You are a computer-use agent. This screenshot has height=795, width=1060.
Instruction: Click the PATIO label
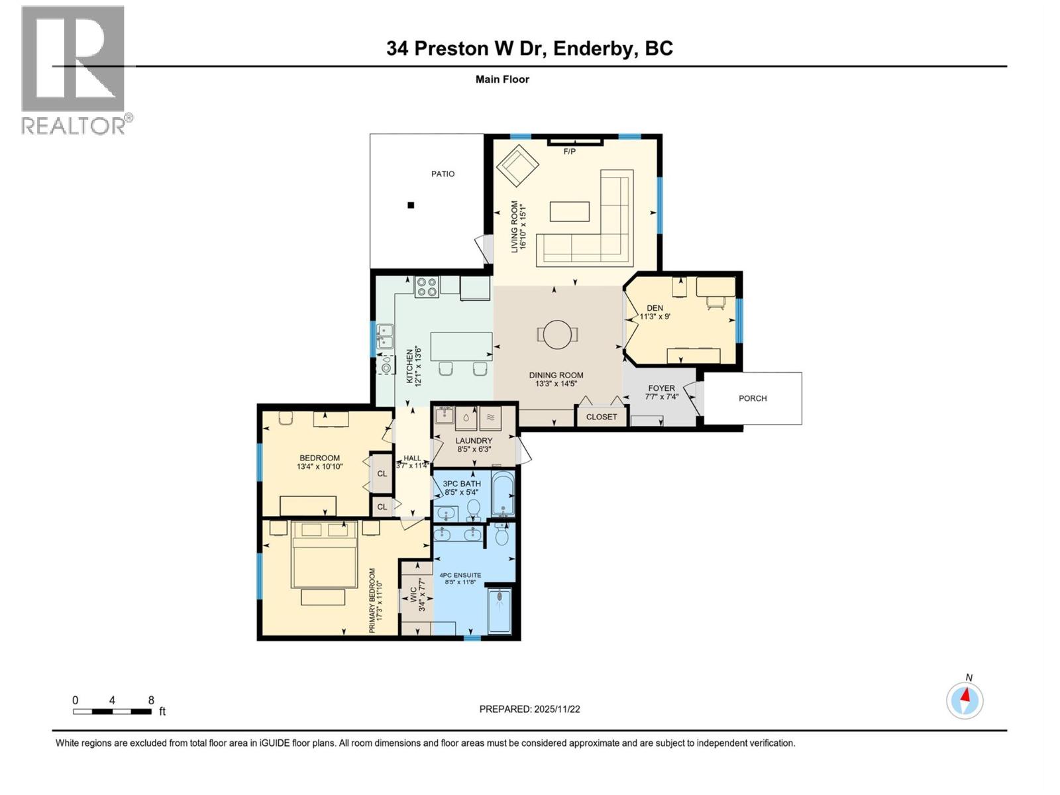[443, 174]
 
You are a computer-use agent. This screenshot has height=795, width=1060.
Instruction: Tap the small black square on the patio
[411, 205]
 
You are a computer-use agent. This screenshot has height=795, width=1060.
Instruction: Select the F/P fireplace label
[569, 152]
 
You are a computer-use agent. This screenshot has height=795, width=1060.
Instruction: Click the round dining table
[556, 334]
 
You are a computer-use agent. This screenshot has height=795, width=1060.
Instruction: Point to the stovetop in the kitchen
[426, 286]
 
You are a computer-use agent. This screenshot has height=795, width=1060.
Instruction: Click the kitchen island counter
[461, 346]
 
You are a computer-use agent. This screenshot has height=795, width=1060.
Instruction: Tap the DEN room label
[655, 308]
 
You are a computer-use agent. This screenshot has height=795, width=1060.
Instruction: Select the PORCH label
[753, 398]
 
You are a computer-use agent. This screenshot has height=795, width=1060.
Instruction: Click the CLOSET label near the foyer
[601, 417]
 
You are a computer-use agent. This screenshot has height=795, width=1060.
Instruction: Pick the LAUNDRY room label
[474, 441]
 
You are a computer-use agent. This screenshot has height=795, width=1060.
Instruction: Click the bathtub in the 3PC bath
[504, 494]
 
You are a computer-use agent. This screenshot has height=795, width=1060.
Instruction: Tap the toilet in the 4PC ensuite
[502, 535]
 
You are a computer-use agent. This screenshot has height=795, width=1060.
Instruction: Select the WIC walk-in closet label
[413, 594]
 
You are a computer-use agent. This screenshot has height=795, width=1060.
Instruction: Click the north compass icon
[965, 700]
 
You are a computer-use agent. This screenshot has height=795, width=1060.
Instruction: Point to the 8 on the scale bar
[151, 700]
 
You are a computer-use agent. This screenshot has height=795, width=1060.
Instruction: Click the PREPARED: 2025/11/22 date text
[529, 709]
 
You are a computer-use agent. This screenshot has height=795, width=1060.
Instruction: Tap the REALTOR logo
[74, 70]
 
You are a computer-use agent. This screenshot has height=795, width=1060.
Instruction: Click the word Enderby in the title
[592, 48]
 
